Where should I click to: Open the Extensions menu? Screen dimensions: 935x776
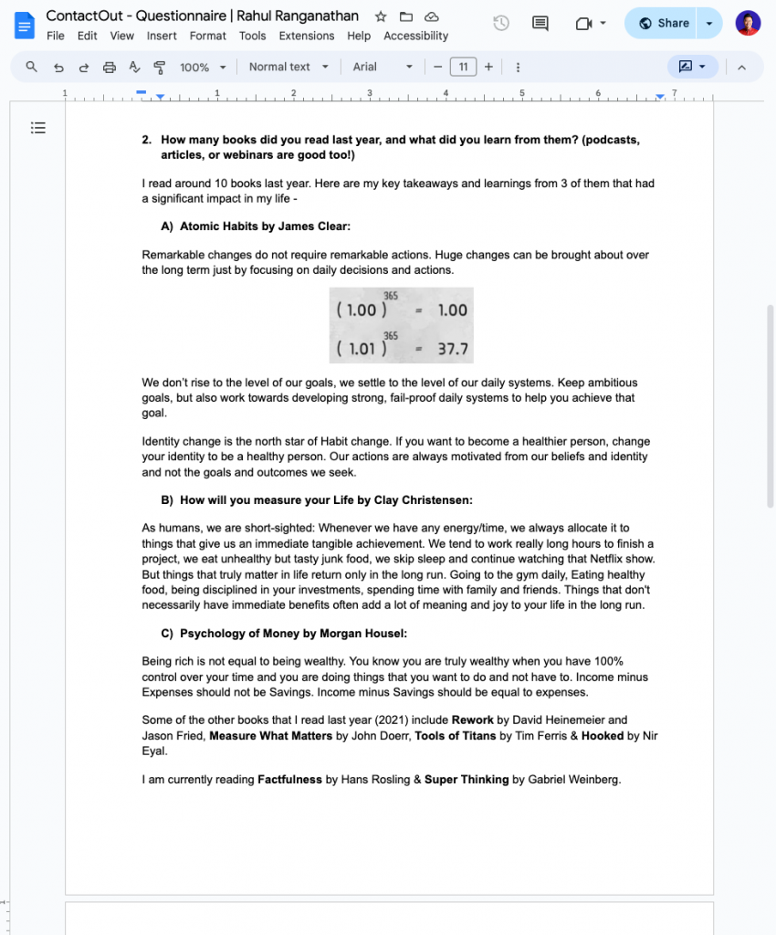[307, 37]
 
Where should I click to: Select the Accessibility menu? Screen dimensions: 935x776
[415, 37]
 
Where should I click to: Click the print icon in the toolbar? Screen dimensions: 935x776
[110, 67]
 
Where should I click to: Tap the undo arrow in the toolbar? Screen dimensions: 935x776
[58, 67]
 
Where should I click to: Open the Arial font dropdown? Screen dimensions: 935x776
[383, 67]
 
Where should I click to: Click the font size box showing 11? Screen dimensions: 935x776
[463, 67]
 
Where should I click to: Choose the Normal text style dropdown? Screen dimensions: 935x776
[288, 67]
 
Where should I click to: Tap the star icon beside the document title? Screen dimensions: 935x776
[381, 16]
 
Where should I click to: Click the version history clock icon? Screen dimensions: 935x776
[500, 24]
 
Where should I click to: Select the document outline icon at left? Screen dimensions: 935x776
[38, 128]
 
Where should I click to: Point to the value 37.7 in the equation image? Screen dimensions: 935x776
[452, 349]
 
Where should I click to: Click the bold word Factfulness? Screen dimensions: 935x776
[289, 780]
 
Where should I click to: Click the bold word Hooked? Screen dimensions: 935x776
[603, 736]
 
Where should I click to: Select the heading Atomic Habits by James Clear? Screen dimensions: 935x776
[265, 226]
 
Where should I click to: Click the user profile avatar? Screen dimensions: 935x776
[748, 24]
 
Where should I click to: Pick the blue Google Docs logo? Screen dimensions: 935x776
[24, 25]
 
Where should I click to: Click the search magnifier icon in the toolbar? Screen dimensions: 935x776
[32, 67]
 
